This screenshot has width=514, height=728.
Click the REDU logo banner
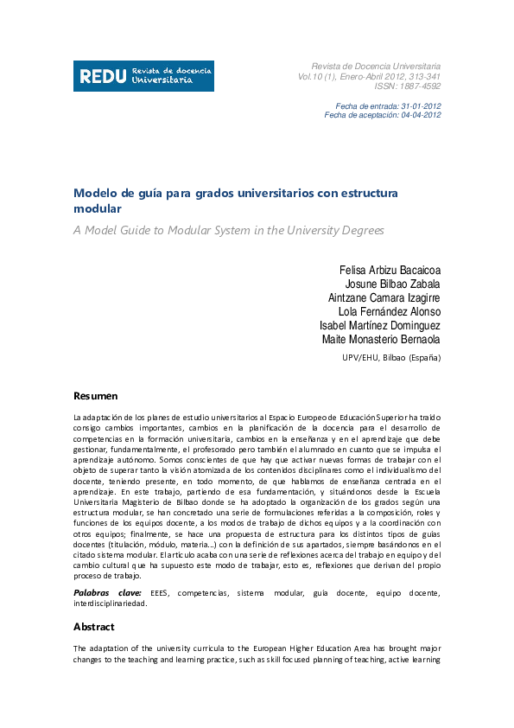coord(143,76)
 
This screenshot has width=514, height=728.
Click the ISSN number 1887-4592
coord(408,86)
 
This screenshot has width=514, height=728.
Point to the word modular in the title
coord(97,209)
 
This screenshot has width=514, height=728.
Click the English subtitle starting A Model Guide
coord(228,230)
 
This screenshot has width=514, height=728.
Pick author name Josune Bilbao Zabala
coord(392,283)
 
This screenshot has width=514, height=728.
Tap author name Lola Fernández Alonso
coord(390,311)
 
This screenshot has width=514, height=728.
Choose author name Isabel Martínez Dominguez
coord(379,325)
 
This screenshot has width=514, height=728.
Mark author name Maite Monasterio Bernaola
coord(381,340)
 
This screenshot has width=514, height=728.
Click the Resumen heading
coord(95,395)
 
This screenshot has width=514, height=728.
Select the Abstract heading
coord(94,627)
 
